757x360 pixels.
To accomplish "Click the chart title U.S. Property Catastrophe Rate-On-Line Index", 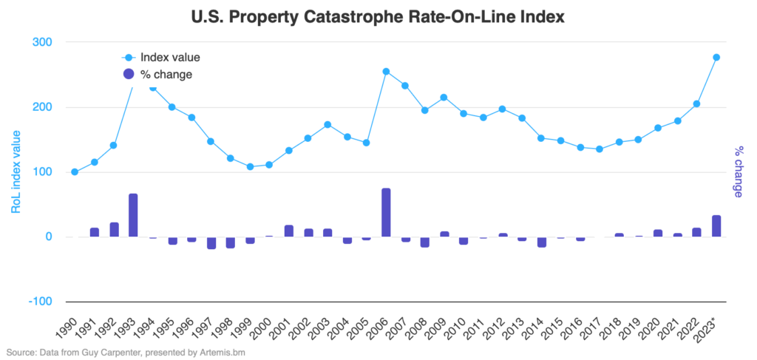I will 378,17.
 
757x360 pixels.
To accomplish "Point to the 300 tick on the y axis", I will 42,42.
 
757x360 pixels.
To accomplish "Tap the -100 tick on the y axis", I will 40,302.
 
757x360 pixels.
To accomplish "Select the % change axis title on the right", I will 738,172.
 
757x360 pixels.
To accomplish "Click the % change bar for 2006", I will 386,213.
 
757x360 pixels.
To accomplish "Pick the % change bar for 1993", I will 133,216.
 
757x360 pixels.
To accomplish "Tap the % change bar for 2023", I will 716,226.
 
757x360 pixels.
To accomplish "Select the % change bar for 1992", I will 114,230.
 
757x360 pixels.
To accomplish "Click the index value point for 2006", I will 386,72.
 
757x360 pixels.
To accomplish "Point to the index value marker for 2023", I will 716,58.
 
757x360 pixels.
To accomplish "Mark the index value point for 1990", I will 75,171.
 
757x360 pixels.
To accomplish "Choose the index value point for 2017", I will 600,149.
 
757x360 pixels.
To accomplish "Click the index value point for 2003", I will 327,124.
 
